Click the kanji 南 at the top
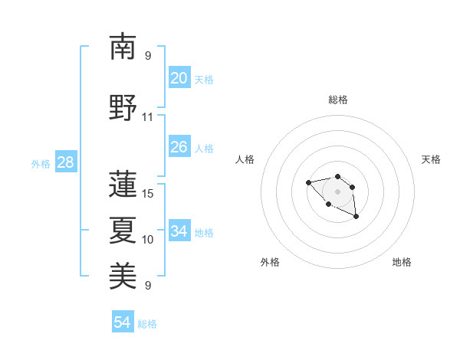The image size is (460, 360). pos(123,47)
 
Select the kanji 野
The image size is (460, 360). pos(123,108)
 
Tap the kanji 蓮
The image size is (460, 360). pos(123,184)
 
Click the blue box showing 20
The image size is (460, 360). pos(179,77)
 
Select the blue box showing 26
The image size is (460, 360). pos(179,146)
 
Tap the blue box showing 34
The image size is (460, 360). pos(179,231)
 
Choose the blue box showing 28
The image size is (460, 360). pos(65,162)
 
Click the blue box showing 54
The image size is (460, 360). pos(122,322)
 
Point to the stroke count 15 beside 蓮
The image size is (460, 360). pos(148,193)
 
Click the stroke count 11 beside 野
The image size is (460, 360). pos(148,117)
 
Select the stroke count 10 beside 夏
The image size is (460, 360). pos(148,240)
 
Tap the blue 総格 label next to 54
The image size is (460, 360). pos(147,324)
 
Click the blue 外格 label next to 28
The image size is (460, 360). pos(41,163)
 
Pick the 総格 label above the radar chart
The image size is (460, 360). pos(337,100)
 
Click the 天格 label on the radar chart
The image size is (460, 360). pos(431,159)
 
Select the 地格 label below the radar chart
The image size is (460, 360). pos(402,262)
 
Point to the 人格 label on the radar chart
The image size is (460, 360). pos(245,159)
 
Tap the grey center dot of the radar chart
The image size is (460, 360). pos(337,191)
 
